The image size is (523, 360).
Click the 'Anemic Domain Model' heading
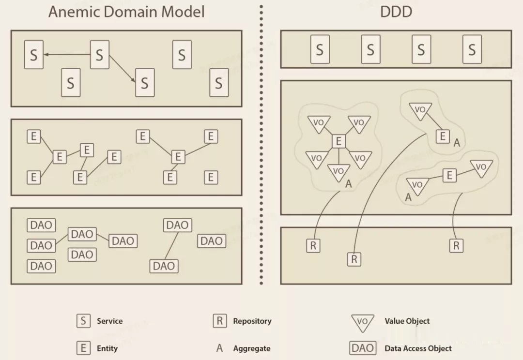click(126, 12)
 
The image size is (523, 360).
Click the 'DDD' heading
click(396, 12)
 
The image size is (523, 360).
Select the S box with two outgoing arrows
click(99, 55)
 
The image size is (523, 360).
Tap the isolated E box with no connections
click(210, 177)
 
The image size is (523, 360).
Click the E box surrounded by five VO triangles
click(338, 141)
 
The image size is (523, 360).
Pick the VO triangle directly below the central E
click(338, 172)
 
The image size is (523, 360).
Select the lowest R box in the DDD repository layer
click(354, 259)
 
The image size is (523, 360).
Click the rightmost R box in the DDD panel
click(456, 246)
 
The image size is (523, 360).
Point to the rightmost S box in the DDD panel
click(472, 50)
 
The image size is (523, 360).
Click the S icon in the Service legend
click(83, 321)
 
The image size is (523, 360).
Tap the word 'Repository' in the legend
click(252, 321)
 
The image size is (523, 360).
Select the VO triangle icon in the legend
click(362, 322)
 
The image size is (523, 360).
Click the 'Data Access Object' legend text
click(418, 348)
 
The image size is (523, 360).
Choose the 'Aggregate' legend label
click(251, 348)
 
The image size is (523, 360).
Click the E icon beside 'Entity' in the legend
click(83, 348)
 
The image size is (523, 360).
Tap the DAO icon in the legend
click(363, 348)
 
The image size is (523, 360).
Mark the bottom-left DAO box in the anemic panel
click(41, 266)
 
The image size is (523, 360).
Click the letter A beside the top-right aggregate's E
click(456, 142)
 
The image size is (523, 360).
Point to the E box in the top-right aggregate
click(443, 136)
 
